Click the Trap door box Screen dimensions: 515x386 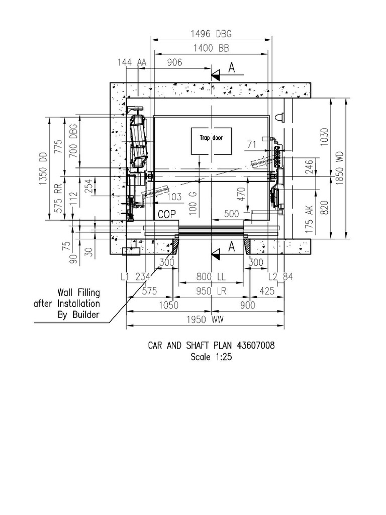(x=212, y=141)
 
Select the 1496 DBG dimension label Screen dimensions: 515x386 (x=211, y=34)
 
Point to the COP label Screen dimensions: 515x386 (x=167, y=214)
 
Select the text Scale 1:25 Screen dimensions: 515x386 (x=211, y=357)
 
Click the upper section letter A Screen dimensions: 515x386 (x=232, y=69)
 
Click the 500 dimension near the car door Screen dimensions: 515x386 (x=232, y=214)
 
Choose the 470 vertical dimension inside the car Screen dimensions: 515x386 (x=241, y=194)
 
